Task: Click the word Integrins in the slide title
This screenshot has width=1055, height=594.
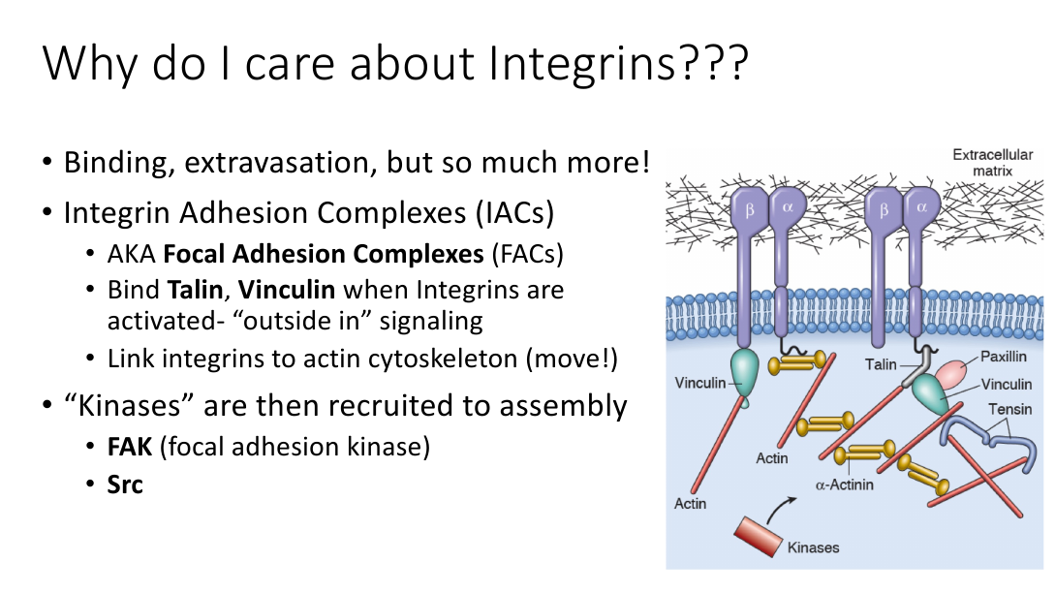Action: pyautogui.click(x=581, y=65)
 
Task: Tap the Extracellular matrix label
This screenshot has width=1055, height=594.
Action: pyautogui.click(x=992, y=163)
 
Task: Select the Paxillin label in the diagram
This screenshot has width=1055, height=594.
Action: pyautogui.click(x=1004, y=357)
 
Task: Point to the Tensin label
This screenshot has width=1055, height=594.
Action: pyautogui.click(x=1009, y=409)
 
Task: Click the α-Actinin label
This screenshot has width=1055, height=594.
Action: pyautogui.click(x=845, y=485)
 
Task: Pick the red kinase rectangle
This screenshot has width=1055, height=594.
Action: pyautogui.click(x=759, y=536)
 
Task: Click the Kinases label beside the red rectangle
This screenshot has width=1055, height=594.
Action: pyautogui.click(x=814, y=547)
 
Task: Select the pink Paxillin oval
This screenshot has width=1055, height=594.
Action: pyautogui.click(x=950, y=374)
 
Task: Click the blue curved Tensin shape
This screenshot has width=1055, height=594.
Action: pyautogui.click(x=988, y=438)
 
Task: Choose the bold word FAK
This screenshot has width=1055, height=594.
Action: pyautogui.click(x=130, y=447)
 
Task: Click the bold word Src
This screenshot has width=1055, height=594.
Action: pyautogui.click(x=125, y=485)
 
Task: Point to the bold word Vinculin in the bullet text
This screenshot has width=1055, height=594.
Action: pyautogui.click(x=287, y=290)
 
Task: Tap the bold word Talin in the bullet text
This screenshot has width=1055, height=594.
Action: pyautogui.click(x=195, y=290)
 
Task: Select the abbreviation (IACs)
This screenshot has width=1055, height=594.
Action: pyautogui.click(x=514, y=212)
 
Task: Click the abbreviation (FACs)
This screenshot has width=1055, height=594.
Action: pyautogui.click(x=527, y=254)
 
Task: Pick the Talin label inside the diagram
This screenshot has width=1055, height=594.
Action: pyautogui.click(x=881, y=364)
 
